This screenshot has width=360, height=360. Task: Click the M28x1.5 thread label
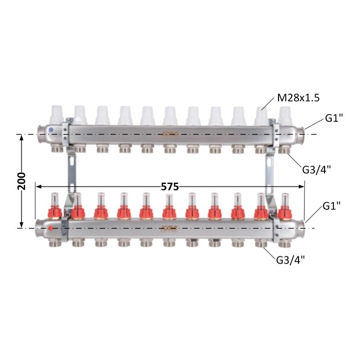point(298,98)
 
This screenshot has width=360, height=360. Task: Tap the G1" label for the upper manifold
point(334,119)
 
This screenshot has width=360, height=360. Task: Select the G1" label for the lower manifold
point(332,206)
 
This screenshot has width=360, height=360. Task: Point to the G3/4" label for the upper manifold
point(316,170)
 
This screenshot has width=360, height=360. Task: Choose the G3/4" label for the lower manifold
point(290,260)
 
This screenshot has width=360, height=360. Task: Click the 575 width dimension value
point(169,187)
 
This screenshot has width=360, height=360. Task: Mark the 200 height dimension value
point(22,181)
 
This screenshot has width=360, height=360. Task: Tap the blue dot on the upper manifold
point(51,130)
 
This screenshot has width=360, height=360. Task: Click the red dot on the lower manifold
point(50,228)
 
